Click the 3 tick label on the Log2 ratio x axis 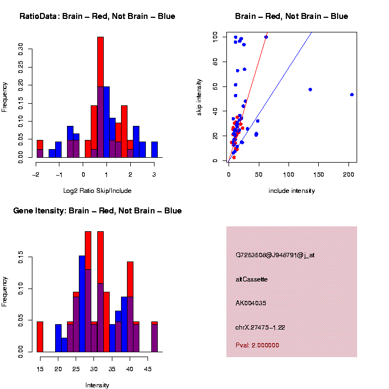pos(154,174)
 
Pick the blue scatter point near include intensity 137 pos(310,89)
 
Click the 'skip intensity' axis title pos(199,97)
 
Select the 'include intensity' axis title pos(291,190)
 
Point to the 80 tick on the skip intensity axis pos(215,62)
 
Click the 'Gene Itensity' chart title pos(97,211)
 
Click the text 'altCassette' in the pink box pos(252,279)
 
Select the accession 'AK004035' pos(251,303)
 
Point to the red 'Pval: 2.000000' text pos(257,345)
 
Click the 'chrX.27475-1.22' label pos(260,327)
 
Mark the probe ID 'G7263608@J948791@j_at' pos(275,254)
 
